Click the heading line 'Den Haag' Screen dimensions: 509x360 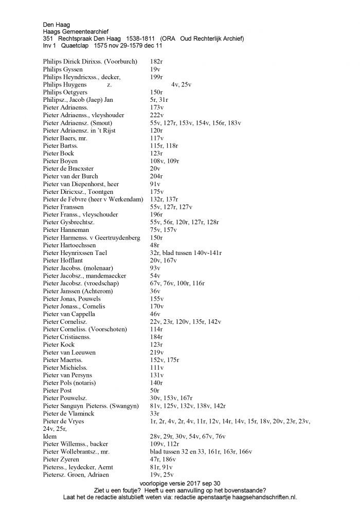(x=56, y=24)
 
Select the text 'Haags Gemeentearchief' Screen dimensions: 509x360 (x=76, y=31)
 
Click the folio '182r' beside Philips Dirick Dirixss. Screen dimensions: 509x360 (x=156, y=62)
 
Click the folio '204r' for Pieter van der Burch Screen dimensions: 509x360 (x=156, y=176)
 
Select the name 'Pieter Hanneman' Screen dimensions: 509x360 (x=64, y=229)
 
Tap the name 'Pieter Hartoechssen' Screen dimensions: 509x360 (x=69, y=245)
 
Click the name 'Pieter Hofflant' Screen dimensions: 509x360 (x=63, y=260)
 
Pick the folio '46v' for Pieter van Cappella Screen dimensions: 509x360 (x=155, y=314)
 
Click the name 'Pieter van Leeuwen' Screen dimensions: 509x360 (x=69, y=352)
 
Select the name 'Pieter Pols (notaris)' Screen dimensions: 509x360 (x=69, y=383)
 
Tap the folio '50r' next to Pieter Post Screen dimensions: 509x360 (x=155, y=390)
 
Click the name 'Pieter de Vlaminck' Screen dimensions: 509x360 (x=69, y=413)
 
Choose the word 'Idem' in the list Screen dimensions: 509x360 (x=50, y=436)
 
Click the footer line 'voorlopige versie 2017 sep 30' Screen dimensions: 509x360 (x=179, y=483)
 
